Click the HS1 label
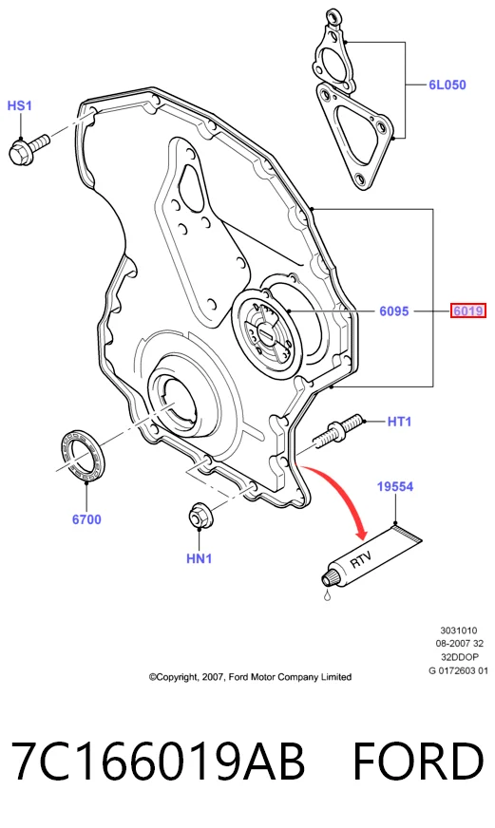[x=20, y=105]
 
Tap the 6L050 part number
[x=447, y=85]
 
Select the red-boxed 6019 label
[x=467, y=311]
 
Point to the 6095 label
[x=394, y=311]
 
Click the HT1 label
[x=399, y=422]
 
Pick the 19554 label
[x=395, y=486]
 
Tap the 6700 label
[x=86, y=519]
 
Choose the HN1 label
[x=200, y=558]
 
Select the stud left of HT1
[x=337, y=431]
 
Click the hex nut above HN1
[x=199, y=516]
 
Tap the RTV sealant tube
[x=371, y=555]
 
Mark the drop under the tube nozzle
[x=328, y=596]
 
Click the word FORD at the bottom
[x=418, y=761]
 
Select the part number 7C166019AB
[x=158, y=761]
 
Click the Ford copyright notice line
[x=250, y=677]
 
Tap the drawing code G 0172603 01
[x=459, y=670]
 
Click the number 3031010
[x=459, y=630]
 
